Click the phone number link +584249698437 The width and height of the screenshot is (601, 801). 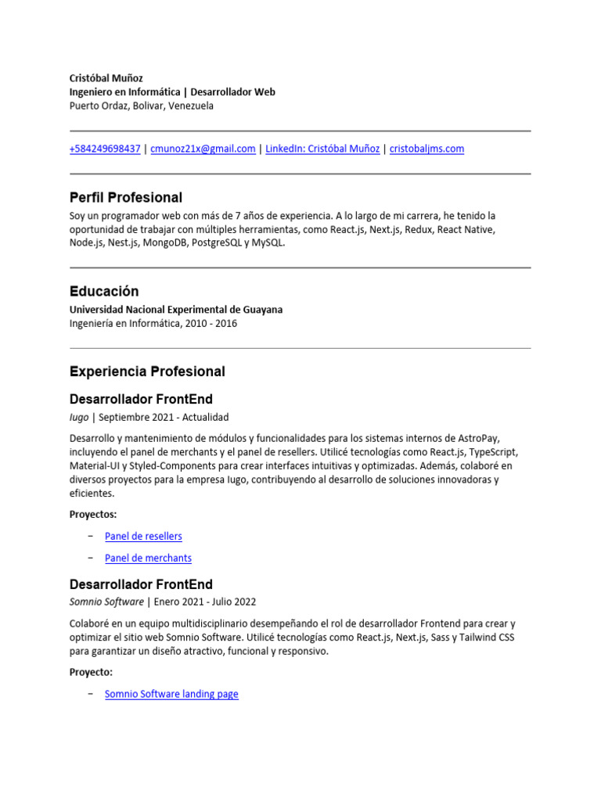[105, 149]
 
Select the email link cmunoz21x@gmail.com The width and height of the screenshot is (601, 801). [203, 149]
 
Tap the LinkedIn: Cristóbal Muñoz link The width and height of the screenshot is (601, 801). [322, 149]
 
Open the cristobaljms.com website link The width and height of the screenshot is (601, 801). [426, 149]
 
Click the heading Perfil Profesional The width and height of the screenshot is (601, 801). [126, 197]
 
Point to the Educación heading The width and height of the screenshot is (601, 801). [104, 291]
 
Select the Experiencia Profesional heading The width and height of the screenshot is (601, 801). [147, 372]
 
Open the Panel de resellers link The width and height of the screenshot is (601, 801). [143, 536]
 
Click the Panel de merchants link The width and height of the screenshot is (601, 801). [148, 558]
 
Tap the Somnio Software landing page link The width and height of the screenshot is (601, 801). [171, 694]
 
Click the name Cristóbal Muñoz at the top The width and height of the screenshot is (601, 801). [106, 78]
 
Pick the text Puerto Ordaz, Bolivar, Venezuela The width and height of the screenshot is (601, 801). [141, 106]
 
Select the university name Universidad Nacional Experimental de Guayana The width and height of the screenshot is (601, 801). [176, 310]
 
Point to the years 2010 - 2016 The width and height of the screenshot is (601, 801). [211, 323]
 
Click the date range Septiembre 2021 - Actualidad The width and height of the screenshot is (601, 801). [164, 417]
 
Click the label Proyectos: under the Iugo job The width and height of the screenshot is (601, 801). [93, 515]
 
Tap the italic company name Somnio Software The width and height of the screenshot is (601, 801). [106, 602]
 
